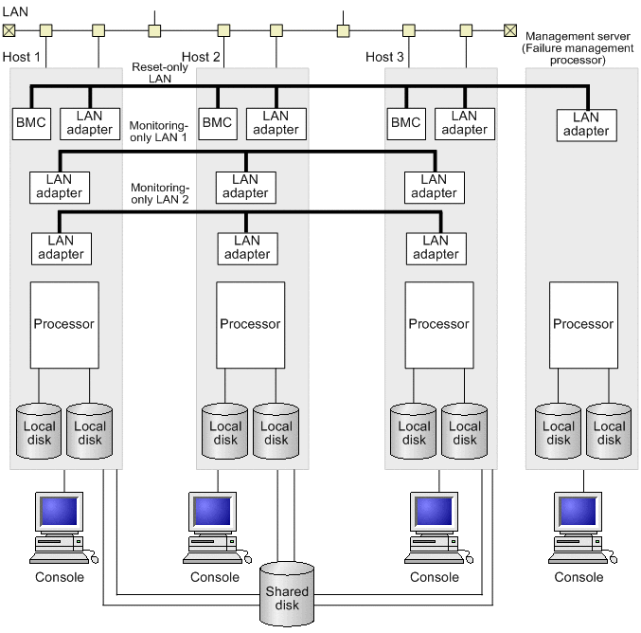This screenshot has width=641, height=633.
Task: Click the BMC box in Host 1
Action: (31, 121)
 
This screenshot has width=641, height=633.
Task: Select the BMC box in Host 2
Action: (217, 121)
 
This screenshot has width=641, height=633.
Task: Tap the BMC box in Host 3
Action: (406, 121)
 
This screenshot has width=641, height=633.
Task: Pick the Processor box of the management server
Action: (583, 323)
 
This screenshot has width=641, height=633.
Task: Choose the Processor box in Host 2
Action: (251, 323)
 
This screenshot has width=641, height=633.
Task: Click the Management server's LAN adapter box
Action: (586, 124)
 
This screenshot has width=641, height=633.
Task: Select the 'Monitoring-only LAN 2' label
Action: (159, 193)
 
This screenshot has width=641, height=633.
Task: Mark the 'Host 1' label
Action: (22, 58)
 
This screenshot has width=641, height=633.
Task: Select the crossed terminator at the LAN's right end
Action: (510, 29)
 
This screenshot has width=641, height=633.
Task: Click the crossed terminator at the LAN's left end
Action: (9, 29)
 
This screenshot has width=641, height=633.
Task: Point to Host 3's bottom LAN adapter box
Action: (436, 247)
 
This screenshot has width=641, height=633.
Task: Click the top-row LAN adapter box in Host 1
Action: (90, 122)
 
